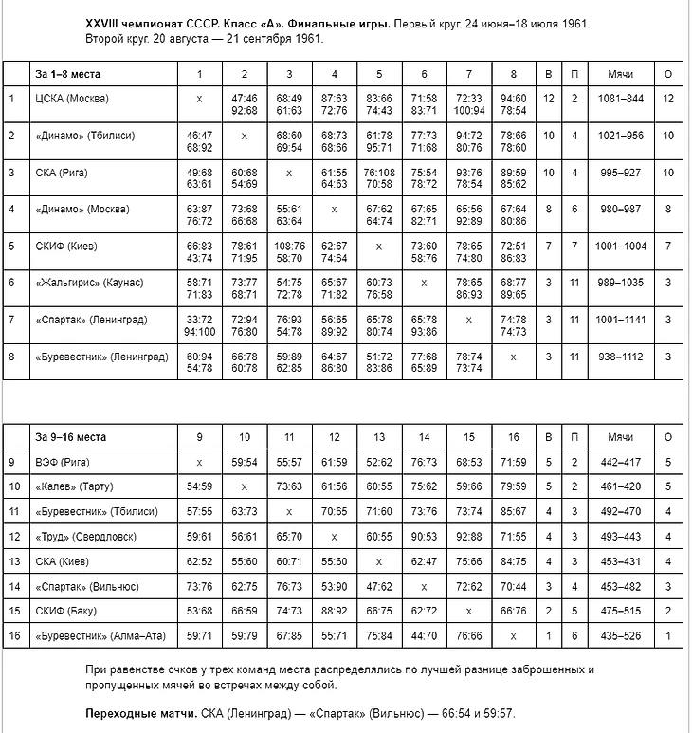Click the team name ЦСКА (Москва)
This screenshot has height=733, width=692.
click(72, 99)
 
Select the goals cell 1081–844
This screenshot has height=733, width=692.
click(621, 99)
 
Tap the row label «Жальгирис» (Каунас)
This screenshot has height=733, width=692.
click(89, 283)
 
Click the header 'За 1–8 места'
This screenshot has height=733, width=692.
click(68, 73)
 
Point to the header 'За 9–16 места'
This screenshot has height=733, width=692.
click(71, 437)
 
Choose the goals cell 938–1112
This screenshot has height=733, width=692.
click(621, 357)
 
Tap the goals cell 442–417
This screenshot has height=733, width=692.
click(621, 462)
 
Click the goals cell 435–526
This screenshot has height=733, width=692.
click(621, 634)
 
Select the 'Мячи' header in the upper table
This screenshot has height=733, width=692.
click(621, 73)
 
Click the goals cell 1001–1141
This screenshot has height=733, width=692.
click(621, 320)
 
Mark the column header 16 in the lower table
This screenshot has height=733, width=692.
click(513, 437)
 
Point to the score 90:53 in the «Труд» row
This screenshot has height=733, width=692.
click(423, 536)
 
